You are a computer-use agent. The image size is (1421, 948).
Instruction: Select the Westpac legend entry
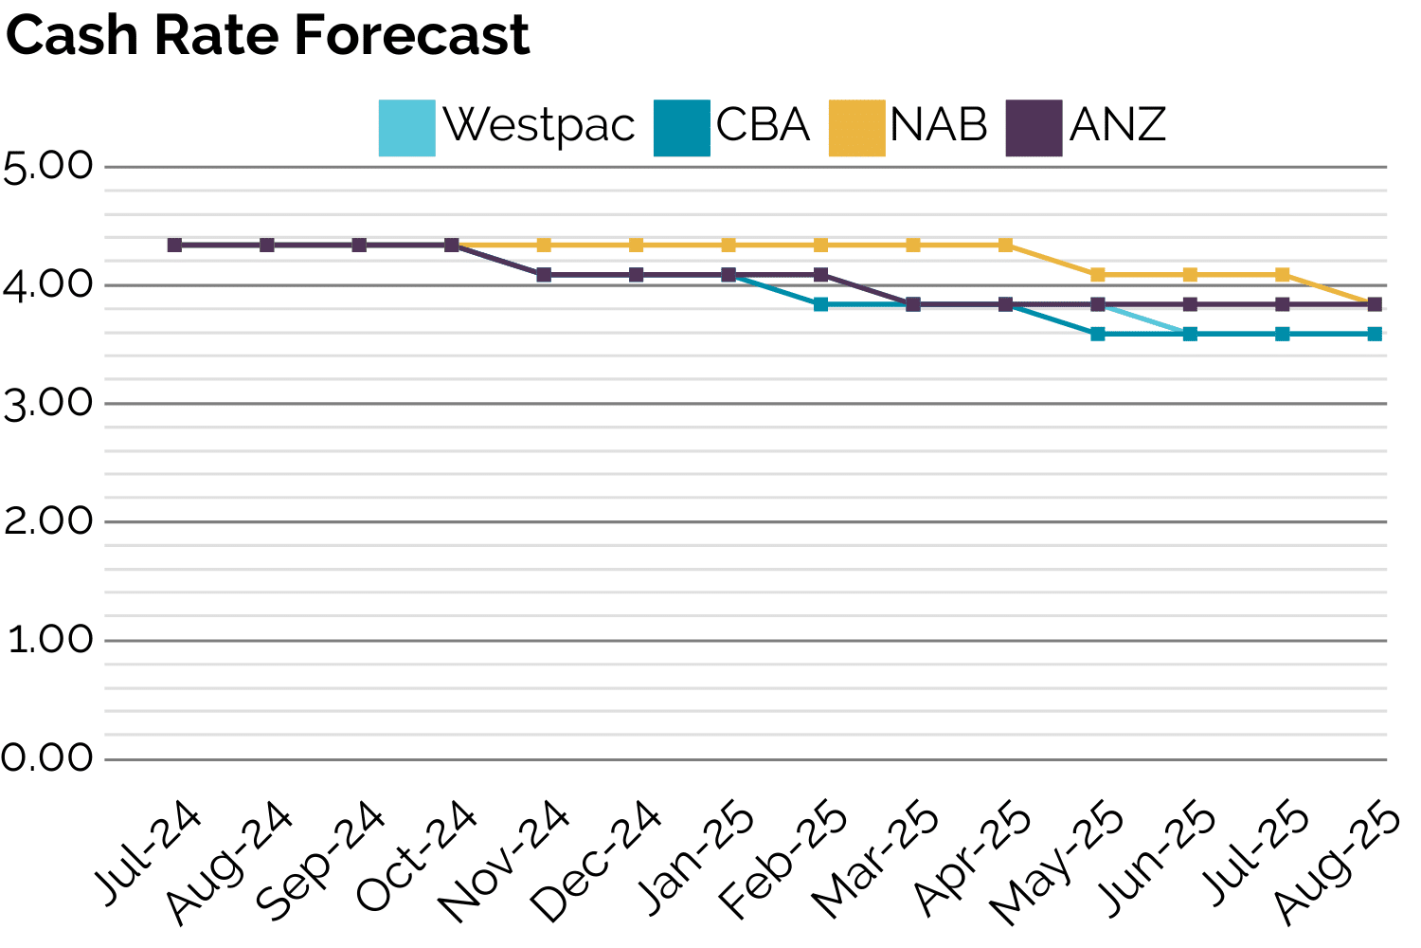click(507, 127)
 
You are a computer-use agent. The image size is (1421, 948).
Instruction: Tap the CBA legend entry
click(732, 127)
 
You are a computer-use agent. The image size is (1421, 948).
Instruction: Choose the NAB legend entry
click(908, 127)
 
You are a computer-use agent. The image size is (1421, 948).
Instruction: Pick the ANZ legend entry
click(1086, 127)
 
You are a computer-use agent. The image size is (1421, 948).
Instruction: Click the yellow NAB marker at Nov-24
click(544, 245)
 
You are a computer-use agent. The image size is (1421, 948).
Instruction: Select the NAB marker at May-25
click(1098, 275)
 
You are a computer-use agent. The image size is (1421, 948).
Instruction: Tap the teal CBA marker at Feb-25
click(820, 304)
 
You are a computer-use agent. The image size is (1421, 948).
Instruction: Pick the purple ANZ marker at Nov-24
click(544, 275)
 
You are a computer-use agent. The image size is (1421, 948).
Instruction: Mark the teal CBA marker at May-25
click(1098, 334)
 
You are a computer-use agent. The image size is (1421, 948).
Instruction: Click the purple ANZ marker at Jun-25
click(1190, 304)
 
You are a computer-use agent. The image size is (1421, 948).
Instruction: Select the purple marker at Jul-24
click(174, 245)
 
